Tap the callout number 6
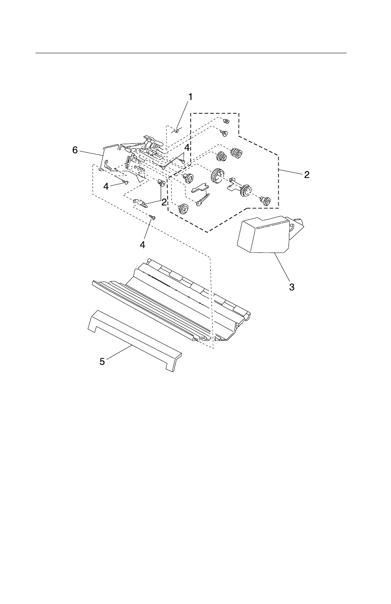click(75, 150)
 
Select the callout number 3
click(291, 287)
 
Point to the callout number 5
click(102, 362)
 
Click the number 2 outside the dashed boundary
click(307, 175)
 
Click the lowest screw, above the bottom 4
click(152, 218)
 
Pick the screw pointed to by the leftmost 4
click(126, 182)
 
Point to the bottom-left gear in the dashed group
click(182, 209)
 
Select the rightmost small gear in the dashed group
click(265, 201)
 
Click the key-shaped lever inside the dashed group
click(202, 199)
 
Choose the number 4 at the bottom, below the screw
click(142, 245)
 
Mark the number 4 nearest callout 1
click(186, 147)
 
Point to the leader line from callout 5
click(119, 353)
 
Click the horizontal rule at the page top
click(191, 53)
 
